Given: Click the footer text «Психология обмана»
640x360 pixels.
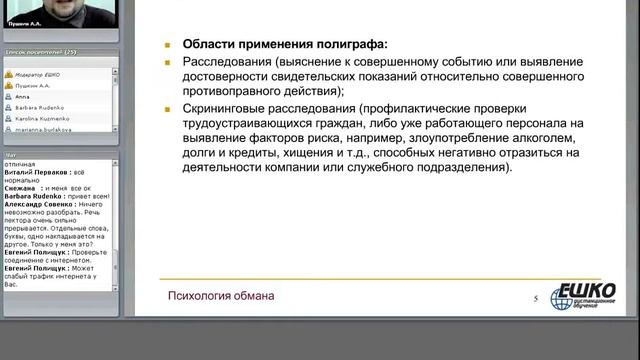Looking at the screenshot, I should pyautogui.click(x=220, y=296).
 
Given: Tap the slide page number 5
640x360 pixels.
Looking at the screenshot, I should pyautogui.click(x=536, y=299).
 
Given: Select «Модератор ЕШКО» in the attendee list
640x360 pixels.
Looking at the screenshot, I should pyautogui.click(x=41, y=74).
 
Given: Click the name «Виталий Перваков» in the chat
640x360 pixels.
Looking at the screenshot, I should pyautogui.click(x=37, y=171).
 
